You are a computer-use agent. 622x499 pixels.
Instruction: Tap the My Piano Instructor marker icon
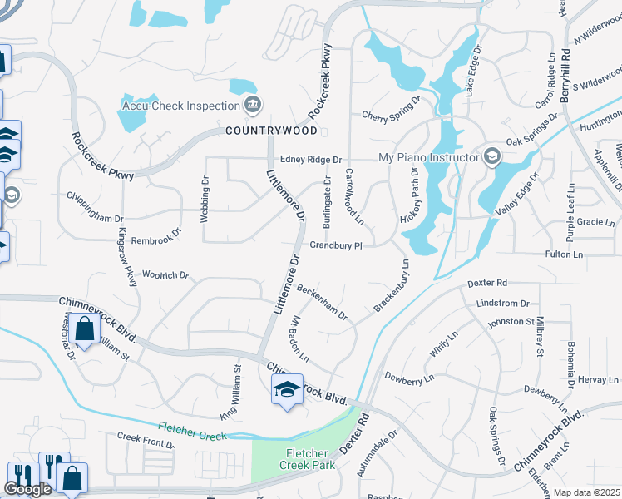[x=492, y=157]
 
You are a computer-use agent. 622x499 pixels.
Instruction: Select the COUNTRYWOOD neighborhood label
[x=272, y=131]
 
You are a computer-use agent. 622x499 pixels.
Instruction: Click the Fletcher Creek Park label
[x=310, y=459]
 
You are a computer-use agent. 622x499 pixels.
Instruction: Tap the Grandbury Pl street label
[x=336, y=246]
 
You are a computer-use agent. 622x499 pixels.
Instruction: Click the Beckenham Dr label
[x=321, y=304]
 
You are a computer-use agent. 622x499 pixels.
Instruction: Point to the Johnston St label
[x=510, y=321]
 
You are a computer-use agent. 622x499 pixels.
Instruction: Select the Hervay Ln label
[x=594, y=379]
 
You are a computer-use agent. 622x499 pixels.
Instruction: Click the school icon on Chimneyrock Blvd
[x=285, y=388]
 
